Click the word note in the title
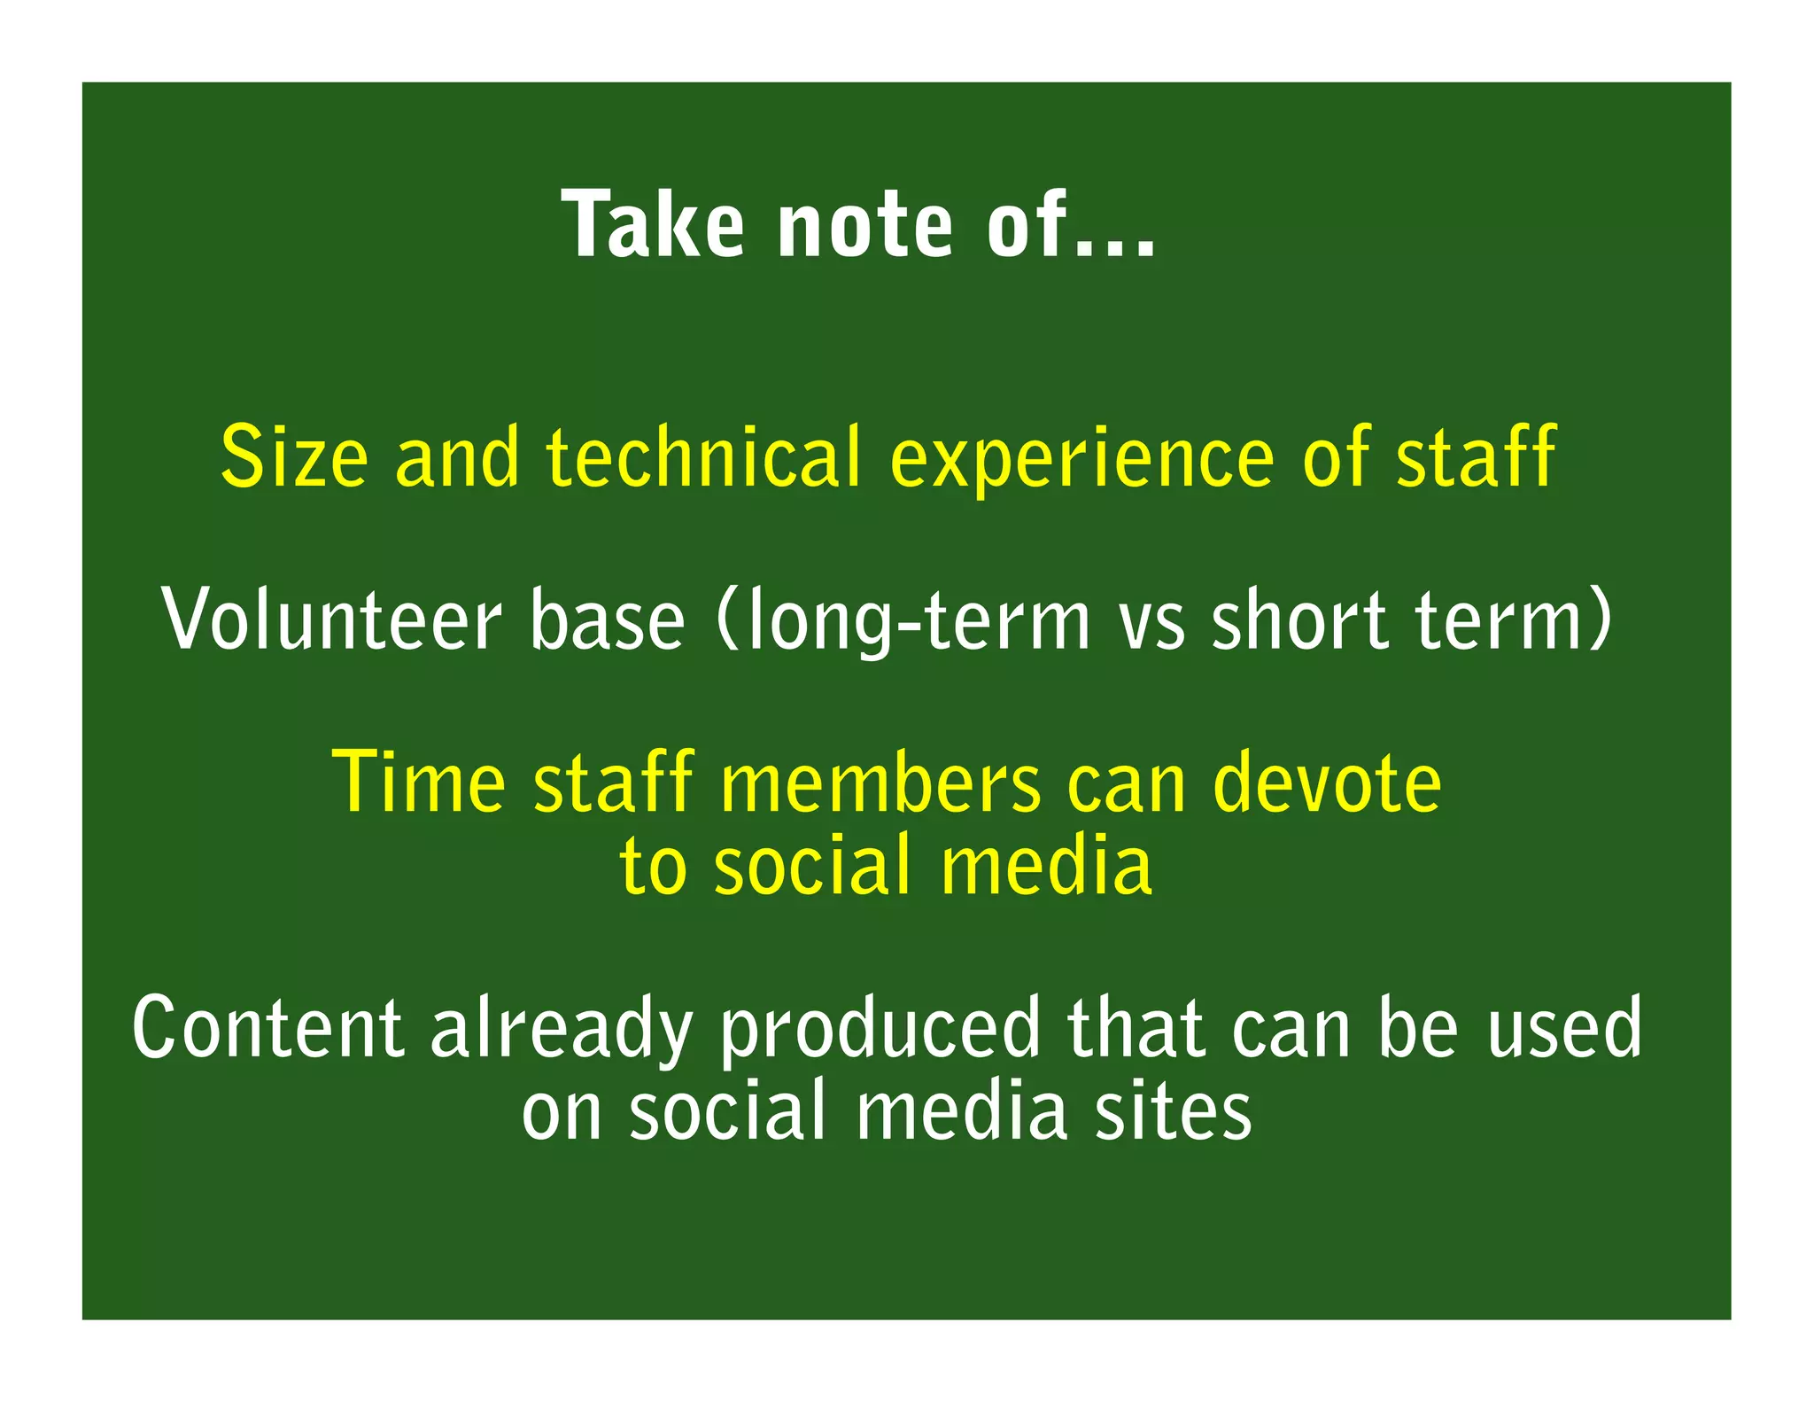point(864,228)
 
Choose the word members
point(881,783)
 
